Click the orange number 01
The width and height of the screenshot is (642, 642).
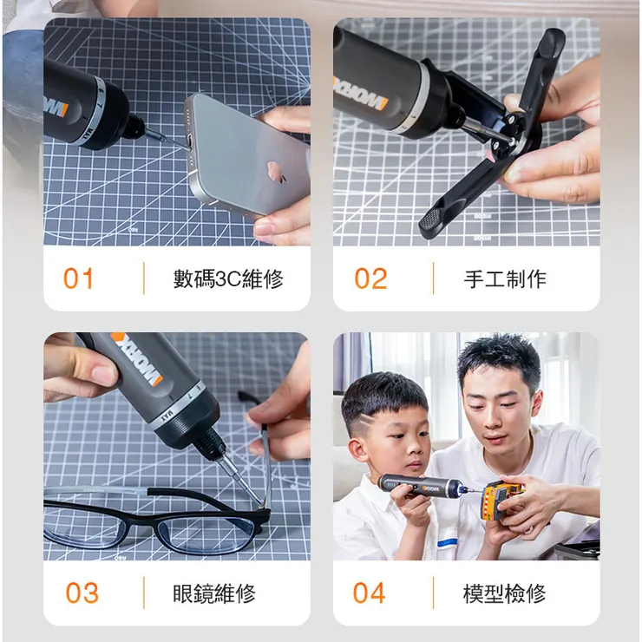(79, 278)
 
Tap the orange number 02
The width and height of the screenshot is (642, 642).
(370, 278)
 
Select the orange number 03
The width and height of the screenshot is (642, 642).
(82, 593)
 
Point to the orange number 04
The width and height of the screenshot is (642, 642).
(369, 593)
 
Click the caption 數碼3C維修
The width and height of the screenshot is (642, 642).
(228, 278)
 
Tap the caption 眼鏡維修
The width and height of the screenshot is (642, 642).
(214, 593)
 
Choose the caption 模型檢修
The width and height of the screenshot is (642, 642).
(504, 593)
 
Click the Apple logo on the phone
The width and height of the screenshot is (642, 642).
(278, 173)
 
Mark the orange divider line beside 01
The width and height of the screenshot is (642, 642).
(144, 278)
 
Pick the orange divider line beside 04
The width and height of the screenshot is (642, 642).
(434, 593)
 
